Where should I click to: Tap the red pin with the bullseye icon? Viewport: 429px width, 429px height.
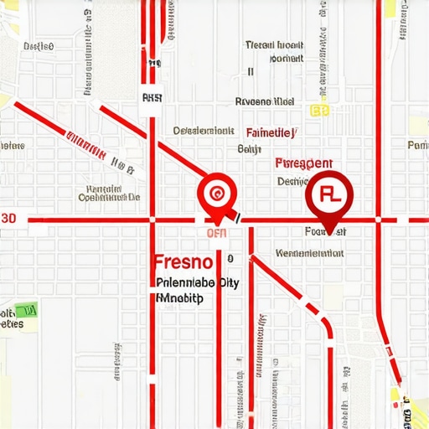pos(217,194)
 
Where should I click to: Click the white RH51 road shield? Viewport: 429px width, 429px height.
pos(152,98)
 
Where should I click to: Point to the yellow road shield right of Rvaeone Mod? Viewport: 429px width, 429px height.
pos(319,110)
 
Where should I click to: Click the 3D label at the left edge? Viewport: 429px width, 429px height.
pos(8,218)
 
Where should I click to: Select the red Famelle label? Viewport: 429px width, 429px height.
pos(270,132)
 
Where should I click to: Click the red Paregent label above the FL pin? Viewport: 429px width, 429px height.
pos(304,163)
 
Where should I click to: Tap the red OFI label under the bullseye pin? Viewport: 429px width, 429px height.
pos(216,233)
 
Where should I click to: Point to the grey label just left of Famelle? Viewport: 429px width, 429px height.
pos(204,131)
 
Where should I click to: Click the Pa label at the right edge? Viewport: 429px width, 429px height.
pos(417,145)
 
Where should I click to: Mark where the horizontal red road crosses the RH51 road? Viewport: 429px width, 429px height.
pos(152,220)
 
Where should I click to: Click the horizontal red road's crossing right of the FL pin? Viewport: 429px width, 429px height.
pos(378,220)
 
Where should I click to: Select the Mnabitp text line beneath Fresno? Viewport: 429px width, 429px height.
pos(179,297)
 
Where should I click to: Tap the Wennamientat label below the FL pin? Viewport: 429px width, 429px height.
pos(311,251)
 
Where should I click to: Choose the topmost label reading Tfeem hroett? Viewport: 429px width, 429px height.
pos(273,45)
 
